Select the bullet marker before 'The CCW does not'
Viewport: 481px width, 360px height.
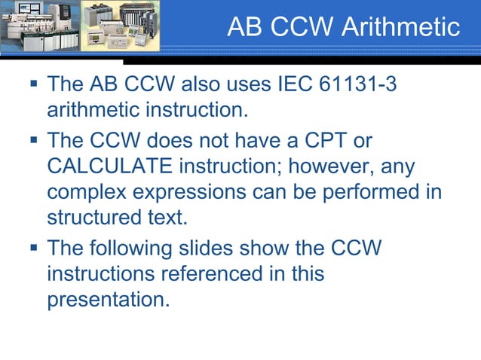pyautogui.click(x=32, y=140)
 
